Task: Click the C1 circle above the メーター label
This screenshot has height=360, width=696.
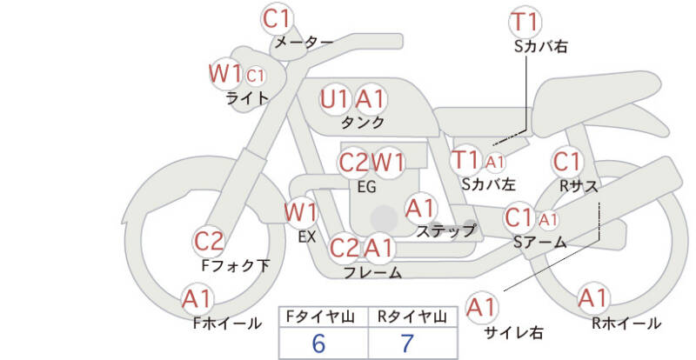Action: [278, 17]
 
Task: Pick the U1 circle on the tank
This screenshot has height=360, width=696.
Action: [335, 98]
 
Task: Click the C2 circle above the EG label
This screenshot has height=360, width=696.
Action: [354, 163]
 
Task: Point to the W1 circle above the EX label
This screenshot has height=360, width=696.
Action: [301, 211]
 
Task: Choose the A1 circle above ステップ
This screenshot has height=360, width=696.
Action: [421, 208]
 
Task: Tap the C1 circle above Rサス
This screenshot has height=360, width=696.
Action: [567, 162]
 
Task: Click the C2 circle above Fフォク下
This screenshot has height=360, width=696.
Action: [209, 241]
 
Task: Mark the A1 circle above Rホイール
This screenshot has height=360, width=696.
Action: [593, 298]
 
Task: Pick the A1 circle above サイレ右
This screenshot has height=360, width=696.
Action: [481, 307]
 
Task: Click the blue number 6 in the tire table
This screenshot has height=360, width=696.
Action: [318, 343]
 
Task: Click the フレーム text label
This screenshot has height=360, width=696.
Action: [372, 273]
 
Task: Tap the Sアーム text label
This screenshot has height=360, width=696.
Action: [539, 242]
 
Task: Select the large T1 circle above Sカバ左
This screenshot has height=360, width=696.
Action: [465, 160]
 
